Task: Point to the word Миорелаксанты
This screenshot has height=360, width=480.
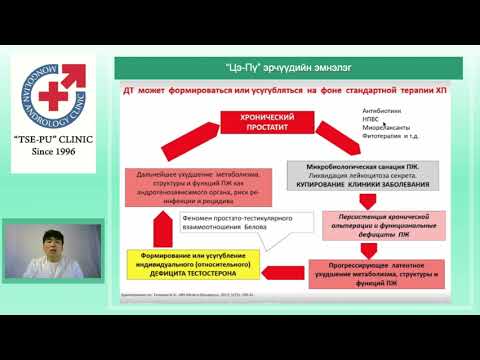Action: (x=387, y=129)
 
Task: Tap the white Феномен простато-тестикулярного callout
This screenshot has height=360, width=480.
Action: (x=229, y=222)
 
